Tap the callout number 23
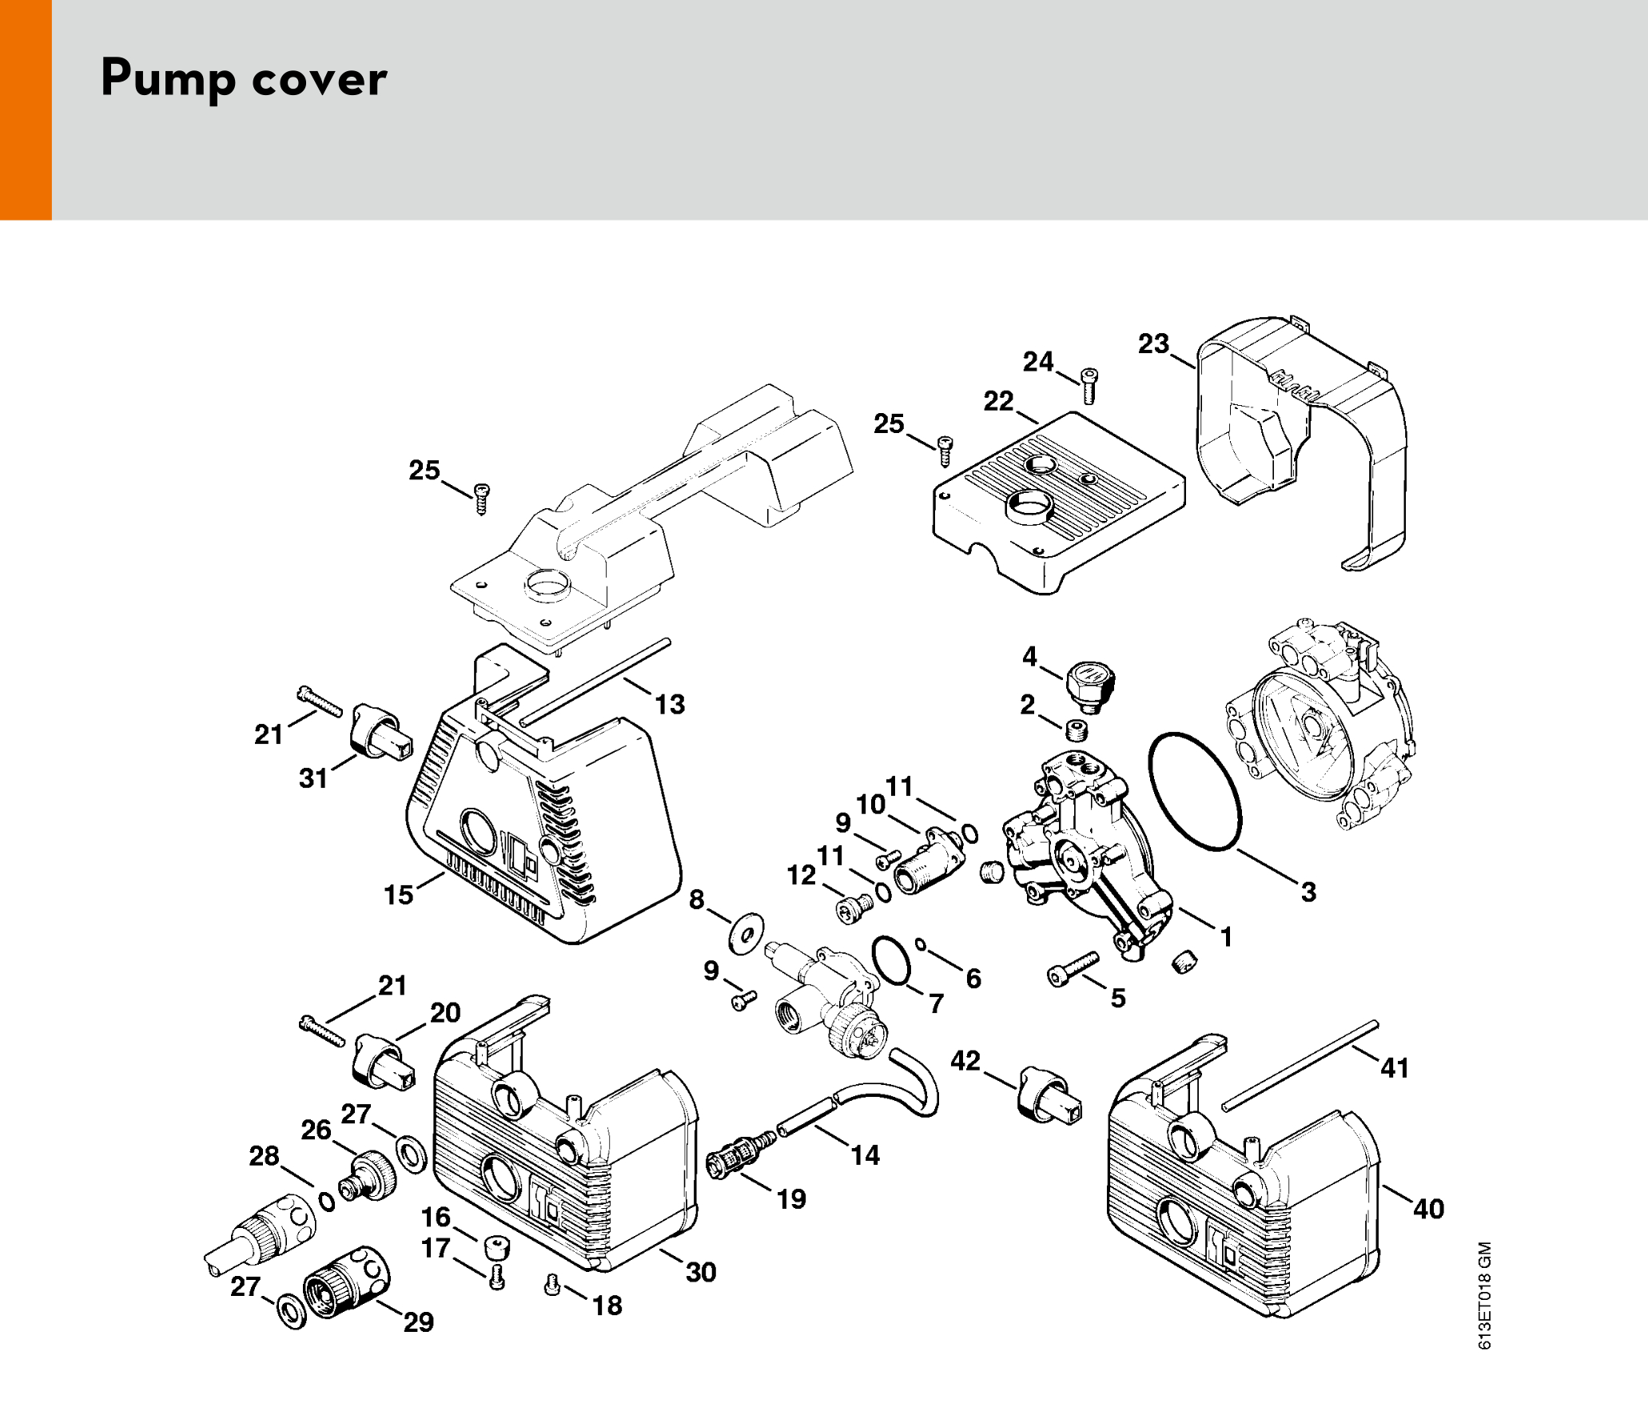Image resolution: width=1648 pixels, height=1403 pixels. pos(1153,344)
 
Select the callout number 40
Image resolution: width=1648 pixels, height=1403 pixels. pos(1428,1209)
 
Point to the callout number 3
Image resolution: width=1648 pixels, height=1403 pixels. pos(1308,892)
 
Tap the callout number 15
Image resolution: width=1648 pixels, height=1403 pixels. pos(399,895)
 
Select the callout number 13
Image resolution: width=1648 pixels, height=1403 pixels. pos(670,704)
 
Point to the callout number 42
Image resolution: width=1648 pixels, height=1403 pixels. pos(965,1060)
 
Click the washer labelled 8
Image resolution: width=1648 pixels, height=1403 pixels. pos(746,933)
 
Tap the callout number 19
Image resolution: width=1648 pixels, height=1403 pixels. pos(791,1198)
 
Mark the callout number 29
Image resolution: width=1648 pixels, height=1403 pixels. pos(419,1322)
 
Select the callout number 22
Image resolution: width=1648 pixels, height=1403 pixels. pos(998,401)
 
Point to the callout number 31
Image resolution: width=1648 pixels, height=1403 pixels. pos(313,778)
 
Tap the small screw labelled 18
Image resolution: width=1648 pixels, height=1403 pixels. pos(551,1286)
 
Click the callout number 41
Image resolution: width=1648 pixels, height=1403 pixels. pos(1395,1067)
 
